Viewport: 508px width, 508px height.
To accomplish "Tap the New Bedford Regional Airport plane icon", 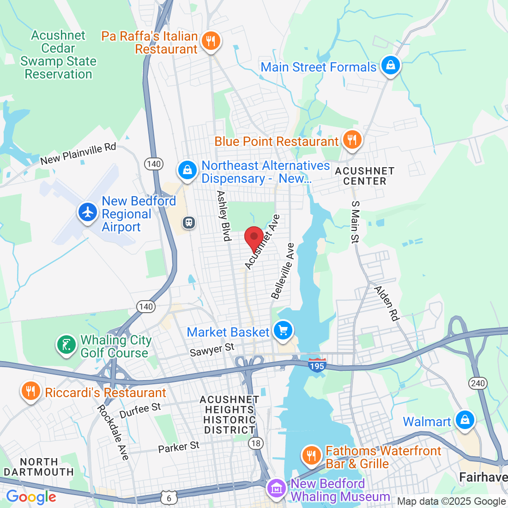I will click(88, 212).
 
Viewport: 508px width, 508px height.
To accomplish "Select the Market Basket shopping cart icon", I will click(283, 330).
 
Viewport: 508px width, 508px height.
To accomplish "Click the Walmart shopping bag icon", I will click(465, 420).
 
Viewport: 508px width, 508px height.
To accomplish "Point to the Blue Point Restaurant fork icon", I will click(352, 139).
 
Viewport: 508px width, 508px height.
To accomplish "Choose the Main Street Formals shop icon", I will click(390, 66).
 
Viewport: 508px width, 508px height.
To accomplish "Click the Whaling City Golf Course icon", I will click(67, 345).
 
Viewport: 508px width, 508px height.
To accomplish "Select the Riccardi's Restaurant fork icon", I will click(30, 392).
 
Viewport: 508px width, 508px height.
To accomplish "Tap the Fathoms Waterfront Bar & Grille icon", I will click(312, 455).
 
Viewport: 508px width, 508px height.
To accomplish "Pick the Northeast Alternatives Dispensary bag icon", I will click(187, 170).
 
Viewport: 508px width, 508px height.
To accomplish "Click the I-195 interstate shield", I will click(317, 364).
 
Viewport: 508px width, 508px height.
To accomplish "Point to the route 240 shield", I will click(478, 383).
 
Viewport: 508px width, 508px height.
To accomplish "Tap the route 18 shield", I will click(255, 443).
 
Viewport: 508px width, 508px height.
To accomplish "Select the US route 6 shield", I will click(169, 497).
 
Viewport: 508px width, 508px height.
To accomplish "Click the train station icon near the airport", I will click(189, 223).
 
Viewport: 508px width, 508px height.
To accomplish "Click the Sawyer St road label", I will click(212, 350).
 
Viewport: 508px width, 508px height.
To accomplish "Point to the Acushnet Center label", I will click(364, 176).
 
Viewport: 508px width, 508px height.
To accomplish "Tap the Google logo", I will click(31, 497).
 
